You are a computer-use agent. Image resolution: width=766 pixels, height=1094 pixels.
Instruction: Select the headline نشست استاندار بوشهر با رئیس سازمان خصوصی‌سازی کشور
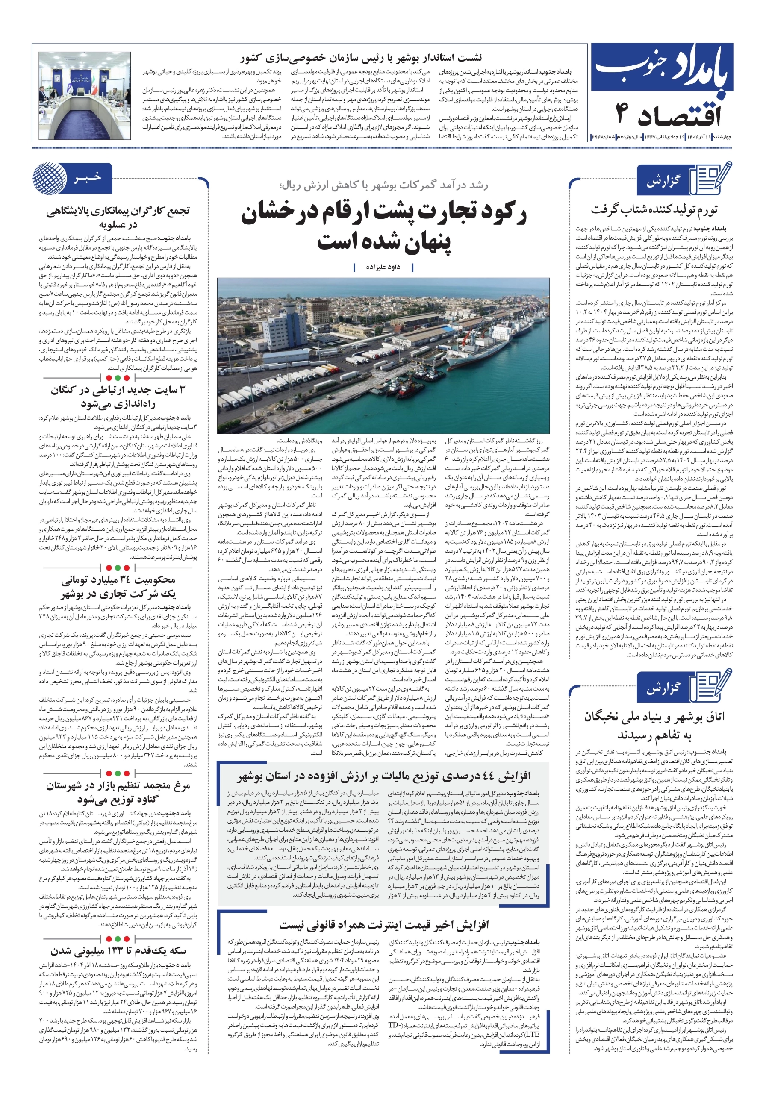[x=361, y=58]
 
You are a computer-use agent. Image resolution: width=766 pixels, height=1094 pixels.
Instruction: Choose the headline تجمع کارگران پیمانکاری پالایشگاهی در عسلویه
[x=118, y=217]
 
